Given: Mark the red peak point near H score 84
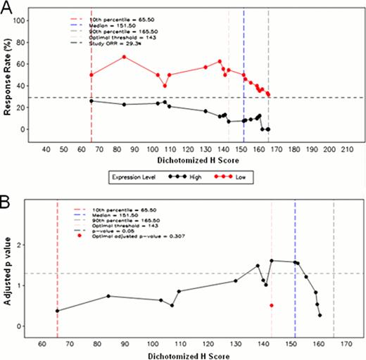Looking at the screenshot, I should click(x=124, y=56).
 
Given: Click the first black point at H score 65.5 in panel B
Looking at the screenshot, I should click(x=57, y=311).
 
